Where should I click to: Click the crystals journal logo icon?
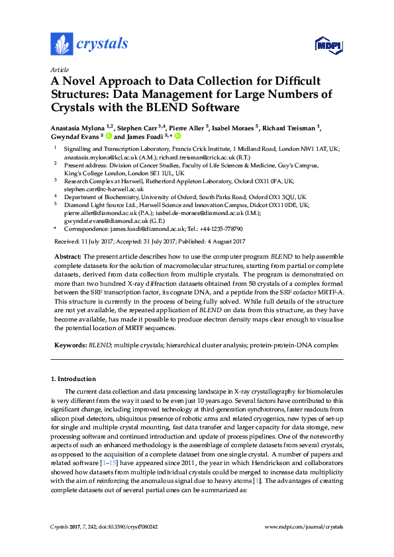point(62,44)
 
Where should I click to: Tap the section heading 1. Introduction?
point(73,379)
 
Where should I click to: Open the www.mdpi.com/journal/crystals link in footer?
point(304,526)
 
